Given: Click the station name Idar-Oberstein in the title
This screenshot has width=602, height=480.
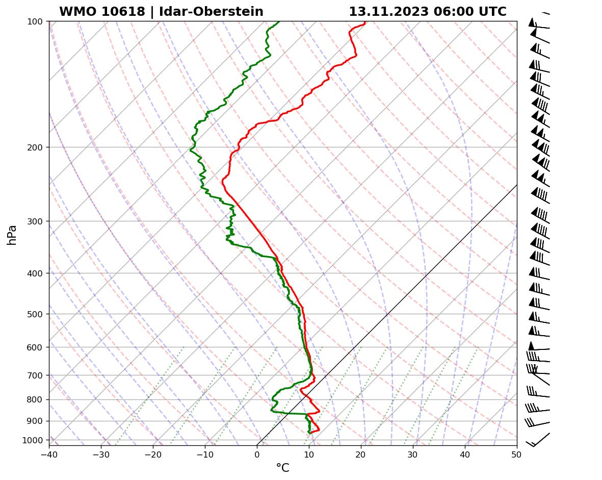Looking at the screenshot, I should tap(211, 12).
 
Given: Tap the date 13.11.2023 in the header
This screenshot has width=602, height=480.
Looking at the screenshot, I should tap(388, 12).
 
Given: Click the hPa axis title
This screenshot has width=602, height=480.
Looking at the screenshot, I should tap(12, 235).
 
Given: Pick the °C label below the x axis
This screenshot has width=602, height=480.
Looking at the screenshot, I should tap(282, 468).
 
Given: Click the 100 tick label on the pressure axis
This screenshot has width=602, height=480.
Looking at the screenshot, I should tap(36, 21).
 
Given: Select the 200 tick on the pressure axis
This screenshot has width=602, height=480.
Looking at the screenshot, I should tap(36, 147).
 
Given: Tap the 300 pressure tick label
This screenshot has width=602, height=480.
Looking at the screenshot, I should tap(36, 221).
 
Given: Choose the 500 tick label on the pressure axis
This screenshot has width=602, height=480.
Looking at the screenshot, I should tap(36, 314).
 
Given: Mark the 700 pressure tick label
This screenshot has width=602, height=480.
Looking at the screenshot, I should tap(36, 375).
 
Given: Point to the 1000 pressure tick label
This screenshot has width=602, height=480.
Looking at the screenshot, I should tap(34, 440).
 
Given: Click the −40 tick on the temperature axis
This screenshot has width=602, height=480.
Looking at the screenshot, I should tap(49, 453).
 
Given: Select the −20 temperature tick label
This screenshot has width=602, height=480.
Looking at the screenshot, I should tap(153, 453).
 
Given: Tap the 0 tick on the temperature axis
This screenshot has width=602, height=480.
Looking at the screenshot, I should tap(257, 453).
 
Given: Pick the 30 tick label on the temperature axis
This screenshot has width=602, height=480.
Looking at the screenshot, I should tap(413, 453).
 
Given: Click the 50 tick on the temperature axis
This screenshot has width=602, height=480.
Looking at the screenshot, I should tap(517, 453).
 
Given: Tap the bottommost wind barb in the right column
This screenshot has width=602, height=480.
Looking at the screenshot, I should tap(538, 440).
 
